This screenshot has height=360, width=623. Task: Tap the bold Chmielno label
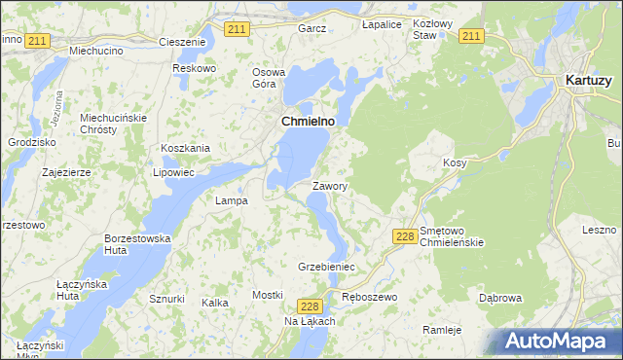coord(308,121)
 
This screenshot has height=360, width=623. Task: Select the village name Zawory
coord(330,185)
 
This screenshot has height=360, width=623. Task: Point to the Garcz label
coord(311,28)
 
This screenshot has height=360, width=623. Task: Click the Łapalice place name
coord(382,23)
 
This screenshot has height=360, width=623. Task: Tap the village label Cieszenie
coord(182,42)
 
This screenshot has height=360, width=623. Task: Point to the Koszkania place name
coord(186,148)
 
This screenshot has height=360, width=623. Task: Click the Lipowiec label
coord(174,172)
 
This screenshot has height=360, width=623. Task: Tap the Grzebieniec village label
coord(326,266)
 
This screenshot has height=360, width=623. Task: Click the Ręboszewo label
coord(370,296)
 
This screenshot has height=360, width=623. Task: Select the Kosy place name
coord(455,162)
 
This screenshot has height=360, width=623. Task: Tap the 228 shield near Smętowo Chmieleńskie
coord(406,236)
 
